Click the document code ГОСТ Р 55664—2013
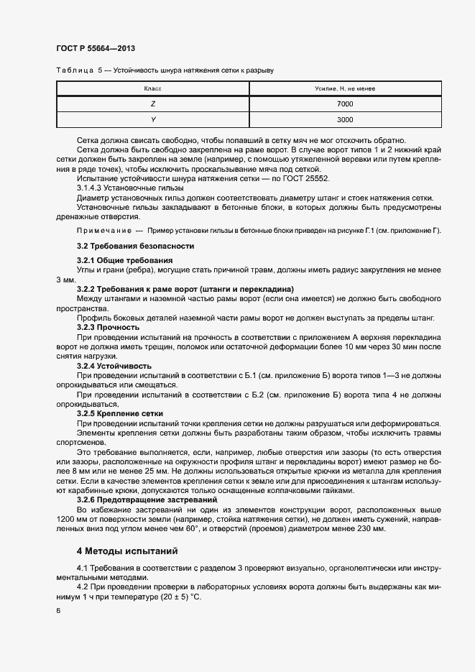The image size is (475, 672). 96,48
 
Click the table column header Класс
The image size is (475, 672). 152,88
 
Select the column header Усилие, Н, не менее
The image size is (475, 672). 345,88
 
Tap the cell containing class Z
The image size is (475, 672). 152,104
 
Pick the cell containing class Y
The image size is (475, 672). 152,120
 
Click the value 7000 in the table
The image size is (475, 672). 345,104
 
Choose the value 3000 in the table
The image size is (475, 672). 345,120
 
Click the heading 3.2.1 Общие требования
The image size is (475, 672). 124,259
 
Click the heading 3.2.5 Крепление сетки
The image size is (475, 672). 119,414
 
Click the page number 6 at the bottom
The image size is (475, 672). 59,611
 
